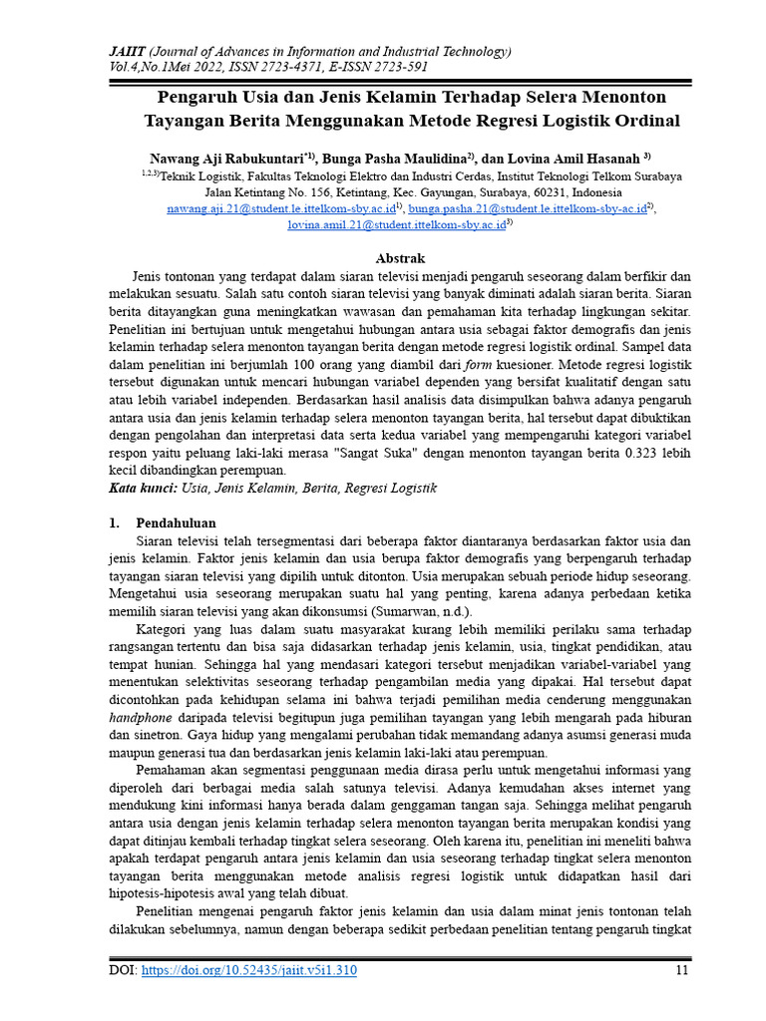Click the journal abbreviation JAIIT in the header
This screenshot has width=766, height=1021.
(129, 52)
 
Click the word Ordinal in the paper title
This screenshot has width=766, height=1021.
(644, 121)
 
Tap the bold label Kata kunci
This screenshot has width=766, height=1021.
(141, 488)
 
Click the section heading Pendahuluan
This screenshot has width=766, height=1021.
(175, 523)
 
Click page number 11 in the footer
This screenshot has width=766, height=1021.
(682, 970)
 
